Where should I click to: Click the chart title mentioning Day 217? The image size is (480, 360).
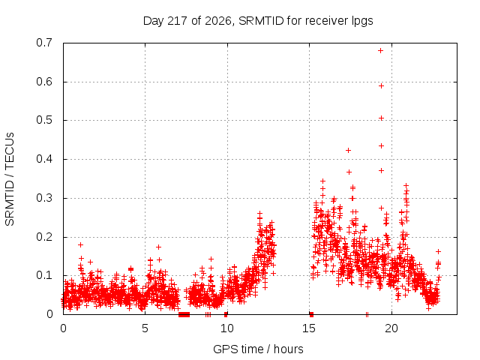pos(258,21)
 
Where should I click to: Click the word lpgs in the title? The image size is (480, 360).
pos(361,22)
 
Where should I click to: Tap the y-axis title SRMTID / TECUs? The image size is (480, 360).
pos(10,179)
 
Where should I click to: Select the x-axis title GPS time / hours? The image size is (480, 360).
pos(258,349)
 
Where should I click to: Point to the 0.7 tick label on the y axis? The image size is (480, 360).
pos(44,43)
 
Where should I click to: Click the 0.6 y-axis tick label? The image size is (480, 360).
pos(44,82)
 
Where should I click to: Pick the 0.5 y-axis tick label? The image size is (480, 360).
pos(44,120)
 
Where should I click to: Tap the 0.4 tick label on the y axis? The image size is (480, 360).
pos(44,159)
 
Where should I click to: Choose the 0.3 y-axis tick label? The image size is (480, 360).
pos(44,198)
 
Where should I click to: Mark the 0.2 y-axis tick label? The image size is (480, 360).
pos(44,237)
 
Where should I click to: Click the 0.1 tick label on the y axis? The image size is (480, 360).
pos(44,275)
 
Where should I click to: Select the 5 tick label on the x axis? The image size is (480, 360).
pos(145,328)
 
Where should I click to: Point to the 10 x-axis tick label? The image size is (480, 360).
pos(227,328)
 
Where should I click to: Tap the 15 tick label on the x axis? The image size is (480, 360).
pos(309,328)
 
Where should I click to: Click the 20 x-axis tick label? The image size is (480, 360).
pos(391,328)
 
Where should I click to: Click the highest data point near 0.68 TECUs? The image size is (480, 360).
pos(380,50)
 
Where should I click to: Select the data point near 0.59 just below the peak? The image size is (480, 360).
pos(381,86)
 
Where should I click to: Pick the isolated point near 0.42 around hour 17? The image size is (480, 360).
pos(348,150)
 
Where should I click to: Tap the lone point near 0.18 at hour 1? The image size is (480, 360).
pos(80,245)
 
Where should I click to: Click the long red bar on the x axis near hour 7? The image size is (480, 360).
pos(184,314)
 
